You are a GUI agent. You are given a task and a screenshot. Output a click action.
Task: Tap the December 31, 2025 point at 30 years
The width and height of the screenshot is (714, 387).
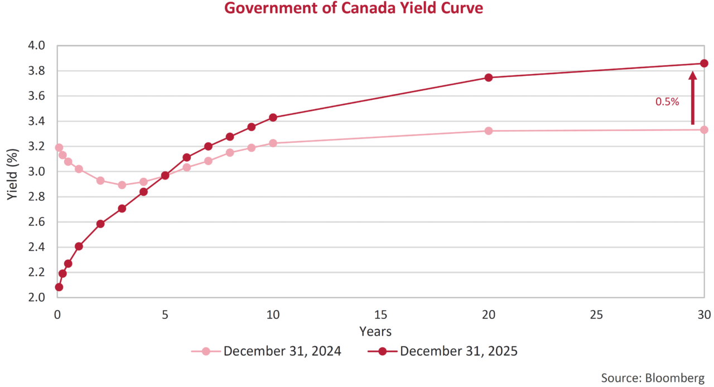pyautogui.click(x=704, y=63)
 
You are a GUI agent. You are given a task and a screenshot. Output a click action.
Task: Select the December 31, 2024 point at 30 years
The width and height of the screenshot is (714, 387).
pyautogui.click(x=704, y=129)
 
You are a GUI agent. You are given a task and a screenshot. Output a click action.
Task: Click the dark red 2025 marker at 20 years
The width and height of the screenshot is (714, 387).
pyautogui.click(x=489, y=78)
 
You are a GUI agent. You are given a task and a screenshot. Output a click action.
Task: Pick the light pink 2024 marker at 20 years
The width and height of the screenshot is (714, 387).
pyautogui.click(x=489, y=130)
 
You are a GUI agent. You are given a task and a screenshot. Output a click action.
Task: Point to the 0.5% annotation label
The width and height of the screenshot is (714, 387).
pyautogui.click(x=667, y=102)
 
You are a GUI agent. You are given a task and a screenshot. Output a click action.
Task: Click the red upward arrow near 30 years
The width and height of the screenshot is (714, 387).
pyautogui.click(x=692, y=98)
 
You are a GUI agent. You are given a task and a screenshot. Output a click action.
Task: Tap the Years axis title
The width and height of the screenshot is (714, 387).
pyautogui.click(x=375, y=331)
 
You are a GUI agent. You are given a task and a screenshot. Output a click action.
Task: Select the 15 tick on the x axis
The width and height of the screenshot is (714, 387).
pyautogui.click(x=380, y=314)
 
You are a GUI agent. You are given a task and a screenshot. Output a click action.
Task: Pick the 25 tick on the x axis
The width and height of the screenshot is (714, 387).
pyautogui.click(x=596, y=314)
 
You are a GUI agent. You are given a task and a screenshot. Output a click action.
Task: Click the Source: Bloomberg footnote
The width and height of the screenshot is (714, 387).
pyautogui.click(x=652, y=378)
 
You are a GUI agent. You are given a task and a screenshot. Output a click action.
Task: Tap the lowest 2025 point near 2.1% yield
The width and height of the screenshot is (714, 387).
pyautogui.click(x=59, y=287)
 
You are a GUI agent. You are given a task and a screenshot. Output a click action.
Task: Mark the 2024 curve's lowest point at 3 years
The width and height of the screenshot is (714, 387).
pyautogui.click(x=122, y=185)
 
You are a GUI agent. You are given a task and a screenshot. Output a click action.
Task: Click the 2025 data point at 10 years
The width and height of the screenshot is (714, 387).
pyautogui.click(x=273, y=117)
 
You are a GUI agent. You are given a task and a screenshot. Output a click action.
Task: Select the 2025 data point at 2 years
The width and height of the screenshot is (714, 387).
pyautogui.click(x=100, y=224)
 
